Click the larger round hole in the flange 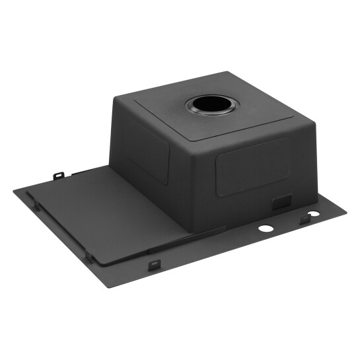(x=266, y=229)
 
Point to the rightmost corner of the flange (x=346, y=212)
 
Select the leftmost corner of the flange (x=13, y=191)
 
